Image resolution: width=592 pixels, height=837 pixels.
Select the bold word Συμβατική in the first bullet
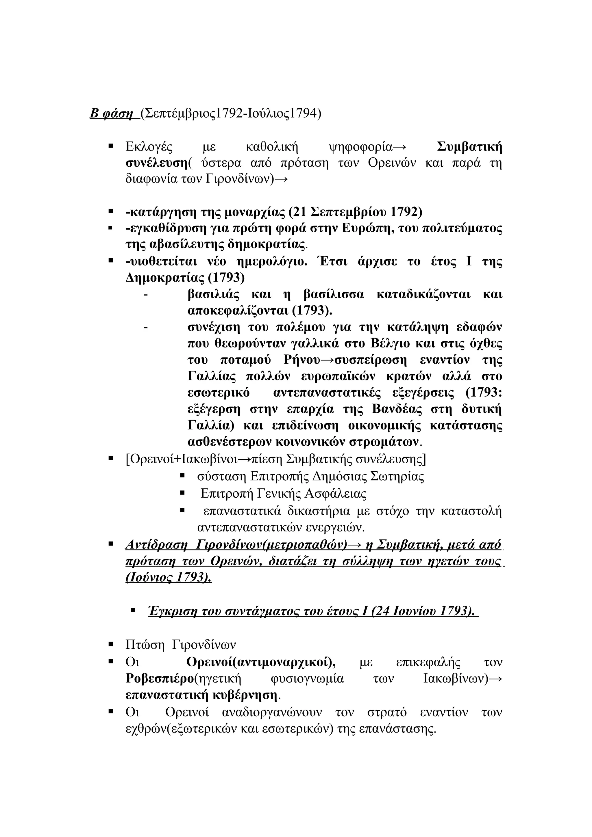click(x=469, y=147)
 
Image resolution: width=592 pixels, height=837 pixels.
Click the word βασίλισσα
click(x=334, y=294)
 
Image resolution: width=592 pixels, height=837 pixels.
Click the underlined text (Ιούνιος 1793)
click(x=168, y=578)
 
